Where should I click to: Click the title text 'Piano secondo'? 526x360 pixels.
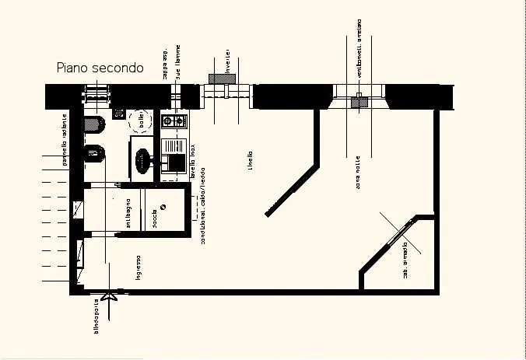pyautogui.click(x=100, y=68)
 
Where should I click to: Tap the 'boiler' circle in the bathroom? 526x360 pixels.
pyautogui.click(x=142, y=121)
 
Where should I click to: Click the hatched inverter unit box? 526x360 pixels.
pyautogui.click(x=217, y=79)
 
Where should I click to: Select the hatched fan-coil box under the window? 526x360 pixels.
pyautogui.click(x=359, y=101)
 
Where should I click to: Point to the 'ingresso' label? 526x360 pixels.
pyautogui.click(x=138, y=267)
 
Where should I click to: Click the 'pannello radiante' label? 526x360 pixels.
pyautogui.click(x=65, y=140)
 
